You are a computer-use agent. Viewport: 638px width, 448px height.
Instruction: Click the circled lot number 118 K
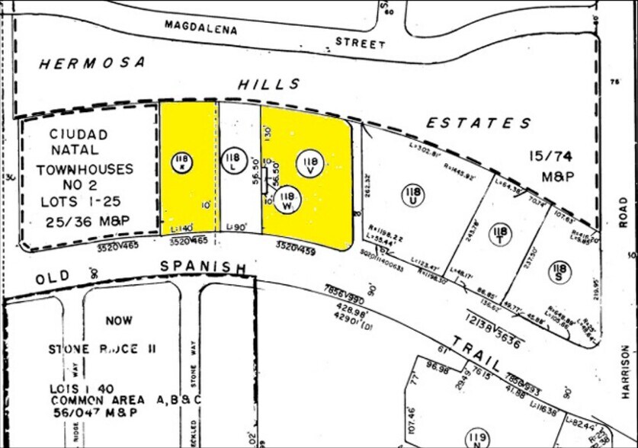click(x=181, y=162)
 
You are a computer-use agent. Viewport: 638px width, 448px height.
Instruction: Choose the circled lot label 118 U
click(x=412, y=194)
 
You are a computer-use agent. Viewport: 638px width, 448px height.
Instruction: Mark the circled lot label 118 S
click(x=559, y=270)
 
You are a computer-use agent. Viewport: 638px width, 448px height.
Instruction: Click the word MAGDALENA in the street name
click(x=201, y=29)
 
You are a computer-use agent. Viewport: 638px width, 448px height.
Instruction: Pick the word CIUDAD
click(x=79, y=134)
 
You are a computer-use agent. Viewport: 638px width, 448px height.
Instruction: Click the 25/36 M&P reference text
click(x=77, y=222)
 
